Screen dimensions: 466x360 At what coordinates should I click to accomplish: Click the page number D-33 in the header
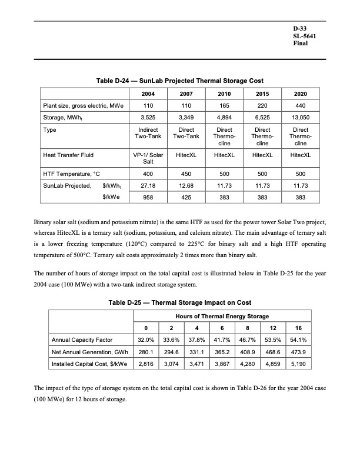pos(300,28)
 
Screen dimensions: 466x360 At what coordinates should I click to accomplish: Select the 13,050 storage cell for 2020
pos(301,118)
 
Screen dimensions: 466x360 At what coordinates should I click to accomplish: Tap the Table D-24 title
pos(180,80)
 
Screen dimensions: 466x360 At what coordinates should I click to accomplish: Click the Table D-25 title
pos(180,302)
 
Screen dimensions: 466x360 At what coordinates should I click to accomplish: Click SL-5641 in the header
pos(305,36)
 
